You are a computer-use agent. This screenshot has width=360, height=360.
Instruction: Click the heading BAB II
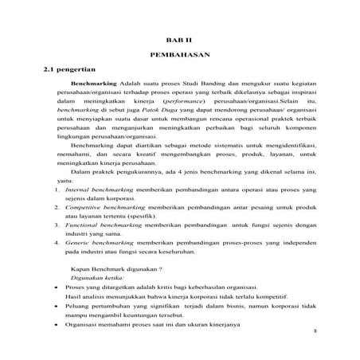point(179,38)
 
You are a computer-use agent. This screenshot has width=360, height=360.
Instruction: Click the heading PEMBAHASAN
point(179,56)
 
